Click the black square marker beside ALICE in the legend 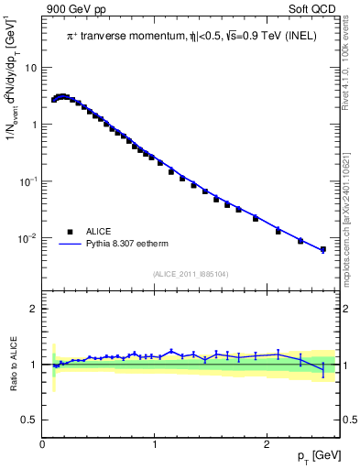click(x=69, y=233)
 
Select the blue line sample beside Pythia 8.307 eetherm click(x=69, y=245)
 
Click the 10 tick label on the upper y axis click(x=31, y=68)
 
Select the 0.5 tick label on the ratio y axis click(x=31, y=420)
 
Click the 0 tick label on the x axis click(x=42, y=444)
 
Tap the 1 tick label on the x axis click(x=154, y=444)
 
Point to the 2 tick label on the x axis click(x=266, y=444)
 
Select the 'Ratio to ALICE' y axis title click(x=11, y=364)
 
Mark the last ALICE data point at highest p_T click(x=322, y=249)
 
